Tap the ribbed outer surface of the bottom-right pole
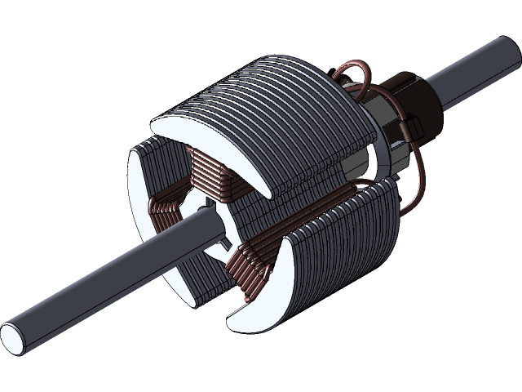343,245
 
